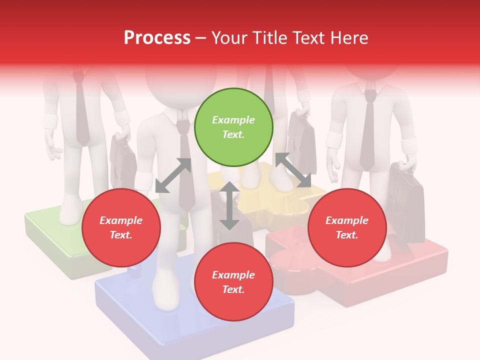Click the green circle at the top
(233, 127)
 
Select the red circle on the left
(121, 227)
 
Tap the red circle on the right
(347, 227)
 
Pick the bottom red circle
(233, 282)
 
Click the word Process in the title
(157, 38)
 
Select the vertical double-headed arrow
(229, 205)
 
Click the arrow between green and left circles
(173, 175)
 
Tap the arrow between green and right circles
(293, 170)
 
